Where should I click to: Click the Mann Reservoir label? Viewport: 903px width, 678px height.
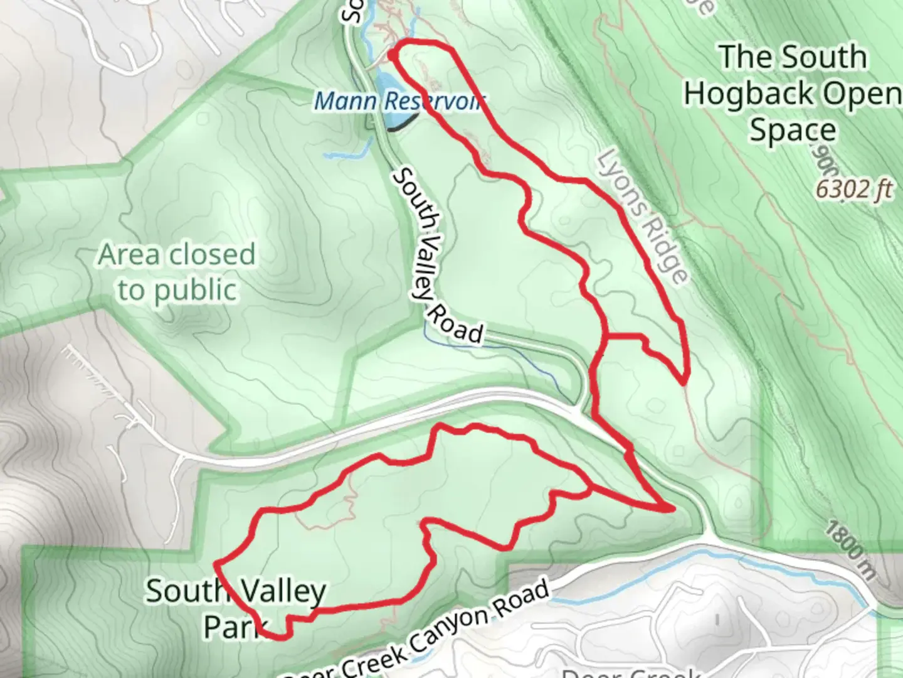(399, 100)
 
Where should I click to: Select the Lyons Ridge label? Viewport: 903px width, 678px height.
(643, 217)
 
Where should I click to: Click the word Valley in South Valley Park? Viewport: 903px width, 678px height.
(278, 592)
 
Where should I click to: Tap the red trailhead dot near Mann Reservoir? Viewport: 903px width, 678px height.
(392, 55)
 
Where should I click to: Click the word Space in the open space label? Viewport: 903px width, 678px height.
(793, 131)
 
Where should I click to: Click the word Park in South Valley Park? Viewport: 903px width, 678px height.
(234, 627)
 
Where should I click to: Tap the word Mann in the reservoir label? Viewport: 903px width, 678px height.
(346, 100)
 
